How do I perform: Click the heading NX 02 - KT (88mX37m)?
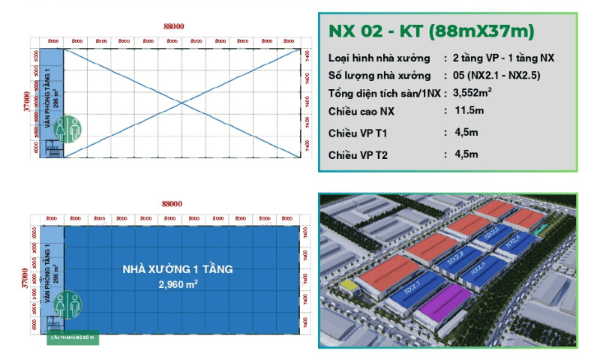pyautogui.click(x=430, y=31)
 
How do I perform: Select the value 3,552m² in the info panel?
pyautogui.click(x=467, y=94)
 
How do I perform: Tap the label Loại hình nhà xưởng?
pyautogui.click(x=379, y=58)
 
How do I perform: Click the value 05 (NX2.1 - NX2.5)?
pyautogui.click(x=491, y=76)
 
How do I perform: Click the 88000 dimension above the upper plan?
pyautogui.click(x=173, y=26)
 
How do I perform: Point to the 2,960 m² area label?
pyautogui.click(x=177, y=285)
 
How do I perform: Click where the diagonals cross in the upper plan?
pyautogui.click(x=181, y=103)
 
